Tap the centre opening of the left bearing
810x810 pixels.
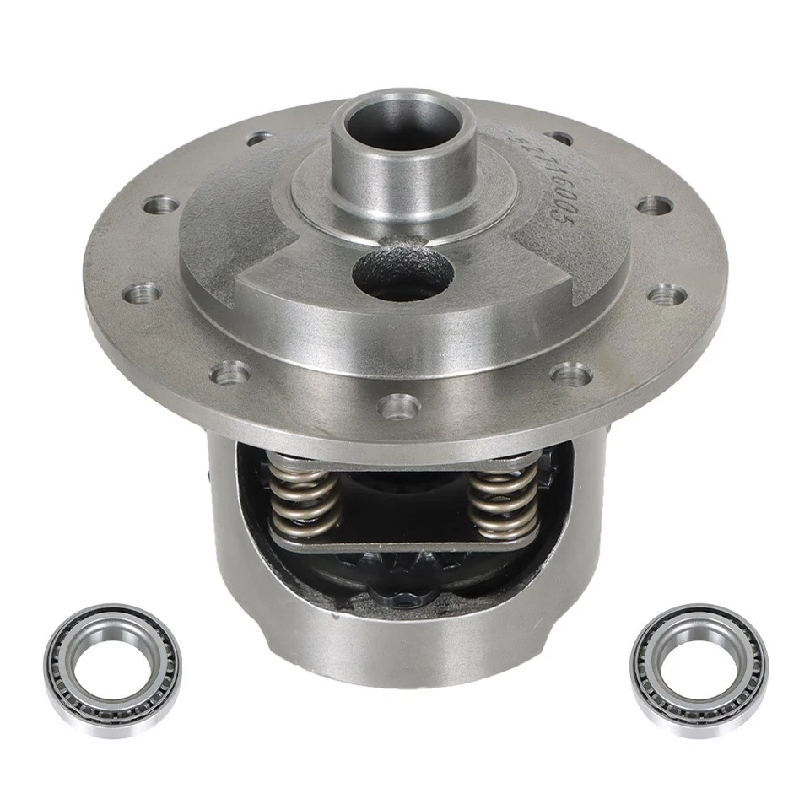pyautogui.click(x=112, y=664)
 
